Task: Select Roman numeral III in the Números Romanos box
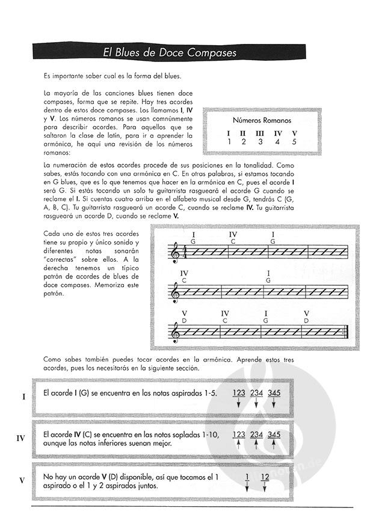point(259,133)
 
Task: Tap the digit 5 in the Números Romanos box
point(294,142)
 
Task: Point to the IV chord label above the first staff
point(233,234)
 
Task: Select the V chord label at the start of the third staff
point(184,313)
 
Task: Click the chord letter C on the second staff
point(183,280)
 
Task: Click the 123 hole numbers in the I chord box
point(239,392)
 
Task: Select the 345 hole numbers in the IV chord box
point(274,435)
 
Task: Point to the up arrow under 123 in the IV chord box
point(239,446)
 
